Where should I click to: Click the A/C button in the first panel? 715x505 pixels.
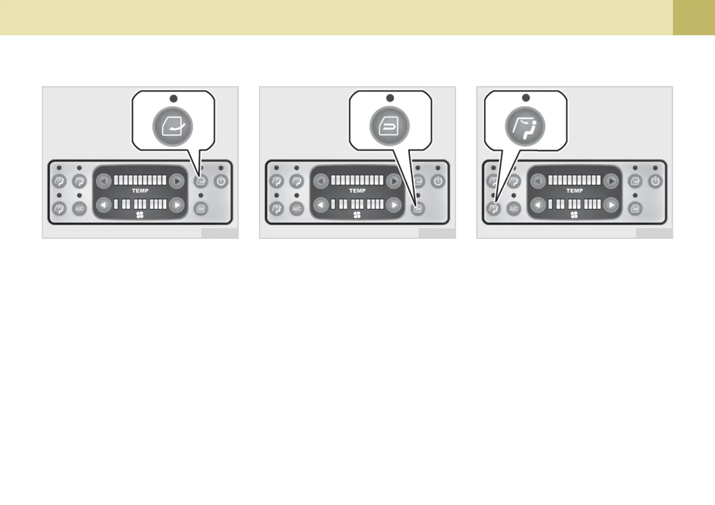[x=79, y=209]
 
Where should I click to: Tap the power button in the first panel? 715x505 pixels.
[x=221, y=182]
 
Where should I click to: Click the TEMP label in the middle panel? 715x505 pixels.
[x=357, y=191]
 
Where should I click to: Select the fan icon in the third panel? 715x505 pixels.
[x=574, y=215]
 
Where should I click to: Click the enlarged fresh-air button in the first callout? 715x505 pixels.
[x=173, y=127]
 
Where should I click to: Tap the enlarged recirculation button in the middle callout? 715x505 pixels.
[x=389, y=126]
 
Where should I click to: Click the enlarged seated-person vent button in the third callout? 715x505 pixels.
[x=525, y=126]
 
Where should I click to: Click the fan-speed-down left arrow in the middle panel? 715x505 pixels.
[x=321, y=205]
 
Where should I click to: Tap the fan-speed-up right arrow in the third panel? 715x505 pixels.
[x=611, y=205]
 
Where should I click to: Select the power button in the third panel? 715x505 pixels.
[x=656, y=182]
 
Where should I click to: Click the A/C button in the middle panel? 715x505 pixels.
[x=297, y=209]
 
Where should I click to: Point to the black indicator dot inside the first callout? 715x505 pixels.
[x=173, y=98]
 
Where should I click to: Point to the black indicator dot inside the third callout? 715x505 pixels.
[x=526, y=98]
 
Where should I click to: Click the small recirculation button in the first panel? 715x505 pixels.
[x=201, y=209]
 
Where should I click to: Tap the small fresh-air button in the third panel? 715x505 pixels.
[x=635, y=182]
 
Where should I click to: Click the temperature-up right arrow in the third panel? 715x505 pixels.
[x=611, y=182]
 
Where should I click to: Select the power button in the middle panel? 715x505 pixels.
[x=438, y=182]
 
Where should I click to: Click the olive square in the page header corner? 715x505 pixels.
[x=694, y=17]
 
